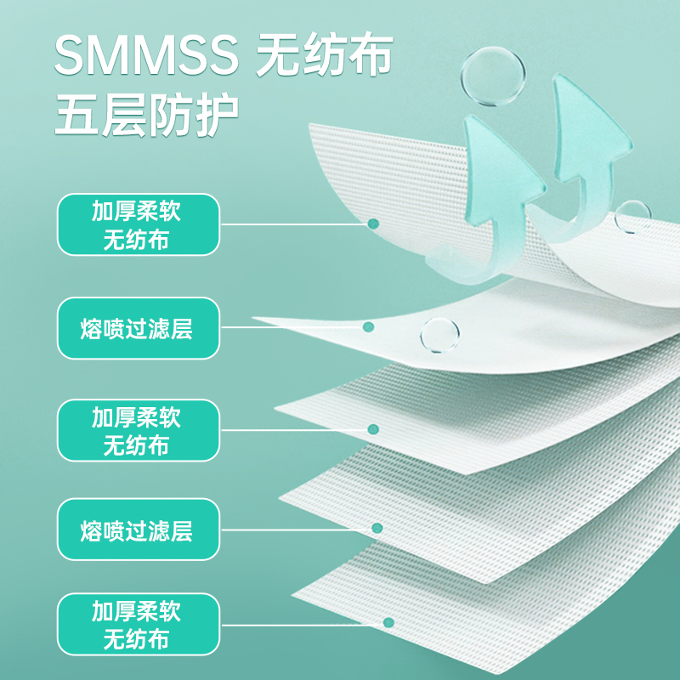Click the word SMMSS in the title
[x=146, y=55]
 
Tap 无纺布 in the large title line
[x=325, y=54]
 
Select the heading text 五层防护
[x=146, y=115]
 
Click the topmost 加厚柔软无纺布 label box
[x=139, y=224]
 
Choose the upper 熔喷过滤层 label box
[x=139, y=328]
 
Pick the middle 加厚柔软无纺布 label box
[x=139, y=430]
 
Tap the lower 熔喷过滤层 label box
[x=139, y=530]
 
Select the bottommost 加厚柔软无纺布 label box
[x=139, y=625]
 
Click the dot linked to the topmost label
[x=373, y=224]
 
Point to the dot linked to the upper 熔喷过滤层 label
[x=368, y=326]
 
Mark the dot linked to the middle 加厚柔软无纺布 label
[x=373, y=429]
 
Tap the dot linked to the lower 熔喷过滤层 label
[x=377, y=528]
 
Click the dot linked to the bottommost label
[x=388, y=622]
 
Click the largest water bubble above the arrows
[x=493, y=76]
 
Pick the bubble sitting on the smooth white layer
[x=439, y=335]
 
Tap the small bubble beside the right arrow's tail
[x=632, y=217]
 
